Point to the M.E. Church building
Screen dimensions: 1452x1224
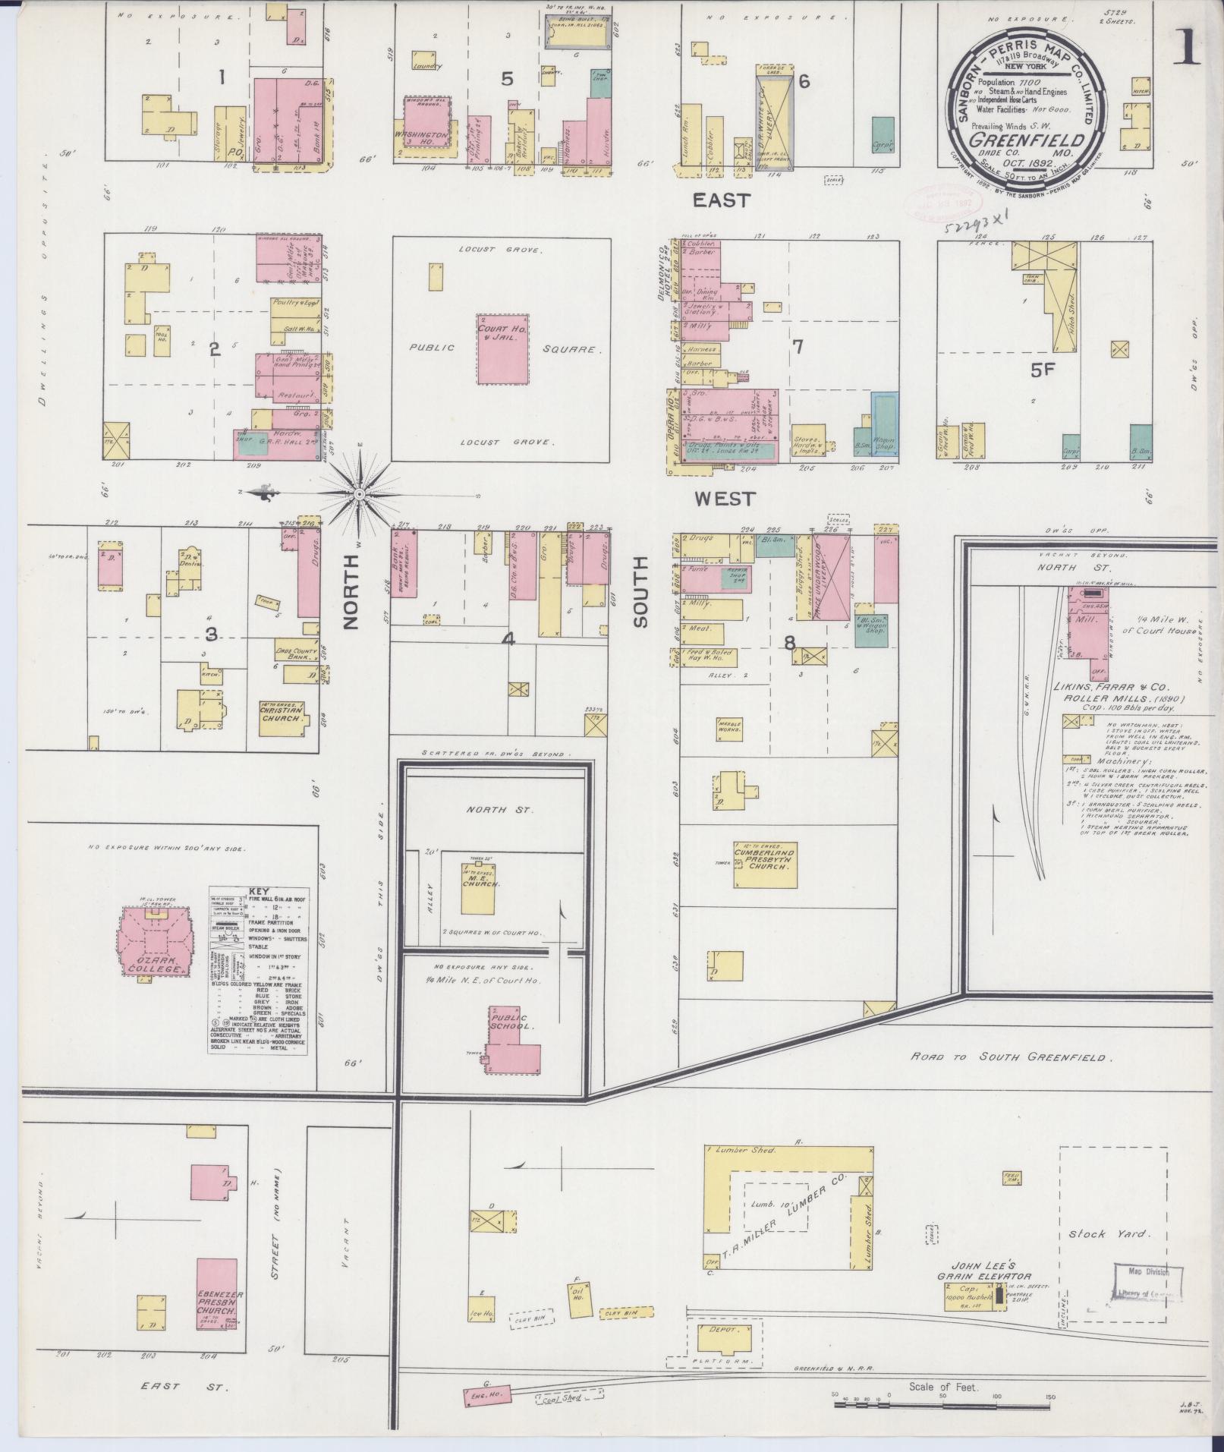point(481,883)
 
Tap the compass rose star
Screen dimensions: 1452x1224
point(359,494)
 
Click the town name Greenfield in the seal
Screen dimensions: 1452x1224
point(1023,140)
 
